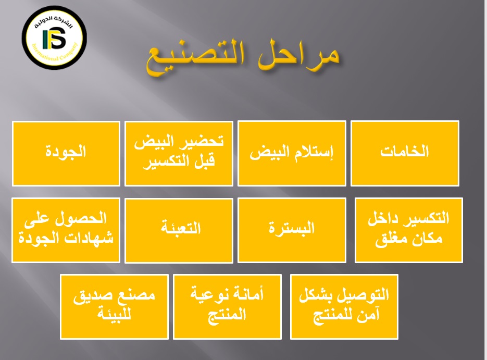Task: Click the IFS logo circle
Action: (x=54, y=38)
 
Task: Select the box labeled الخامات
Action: (x=405, y=154)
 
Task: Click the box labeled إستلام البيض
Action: (x=292, y=154)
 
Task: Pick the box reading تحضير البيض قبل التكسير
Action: (x=179, y=154)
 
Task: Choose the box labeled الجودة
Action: (x=66, y=154)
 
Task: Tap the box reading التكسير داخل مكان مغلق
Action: (x=409, y=230)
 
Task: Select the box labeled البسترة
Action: (x=292, y=230)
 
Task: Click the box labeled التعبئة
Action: (x=179, y=230)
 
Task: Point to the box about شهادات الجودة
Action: (x=66, y=230)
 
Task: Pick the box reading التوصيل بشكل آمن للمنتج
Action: (x=344, y=307)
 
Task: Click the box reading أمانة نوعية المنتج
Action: (x=227, y=307)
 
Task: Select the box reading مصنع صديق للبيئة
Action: (x=114, y=307)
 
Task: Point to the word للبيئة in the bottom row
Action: (x=114, y=314)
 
